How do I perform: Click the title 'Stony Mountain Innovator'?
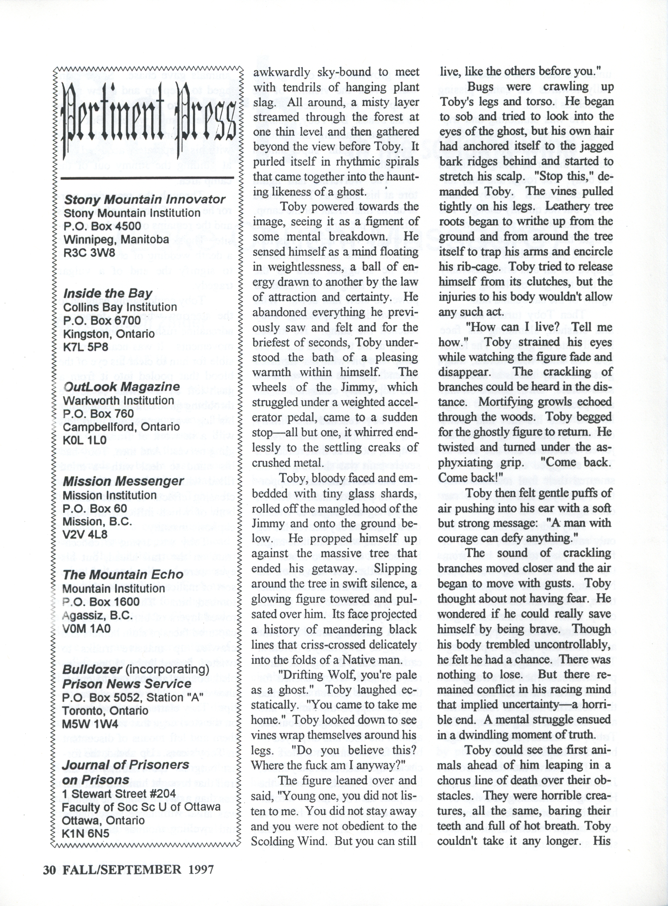pyautogui.click(x=144, y=200)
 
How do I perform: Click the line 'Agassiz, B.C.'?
pyautogui.click(x=97, y=615)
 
